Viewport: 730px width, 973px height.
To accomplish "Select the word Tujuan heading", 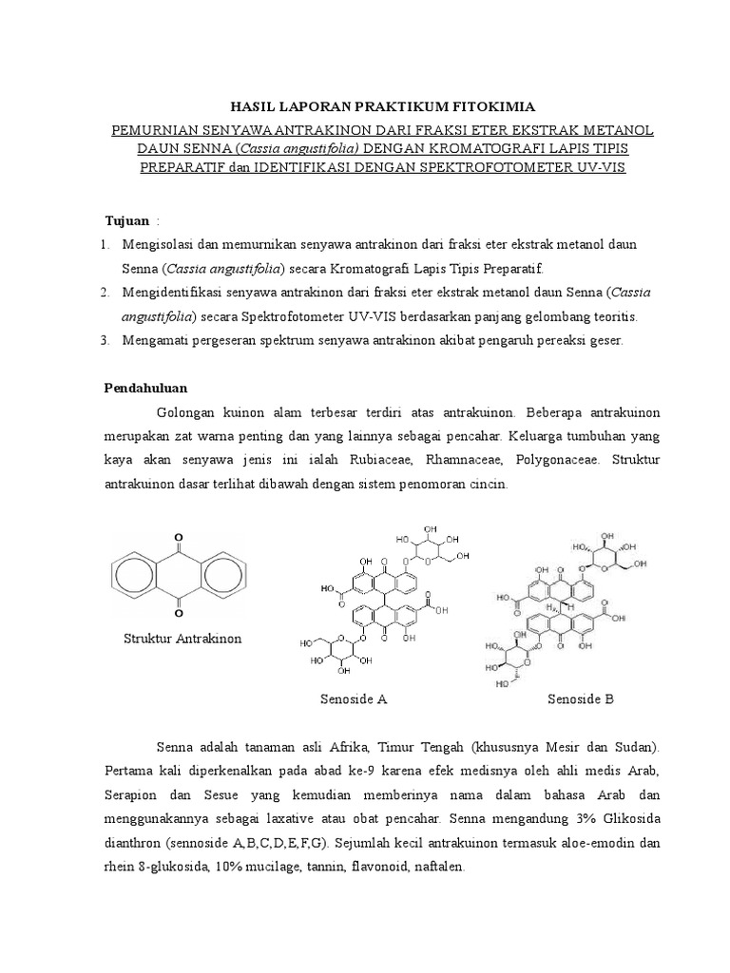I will pyautogui.click(x=125, y=220).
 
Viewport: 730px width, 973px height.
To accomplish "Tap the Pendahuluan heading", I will pyautogui.click(x=145, y=388).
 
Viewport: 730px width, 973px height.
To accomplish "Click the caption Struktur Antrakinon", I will pyautogui.click(x=182, y=638).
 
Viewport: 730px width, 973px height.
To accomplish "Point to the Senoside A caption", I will pyautogui.click(x=353, y=699).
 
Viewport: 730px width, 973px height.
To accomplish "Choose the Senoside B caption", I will pyautogui.click(x=581, y=699).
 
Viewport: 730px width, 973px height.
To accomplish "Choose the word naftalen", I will pyautogui.click(x=436, y=867).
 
